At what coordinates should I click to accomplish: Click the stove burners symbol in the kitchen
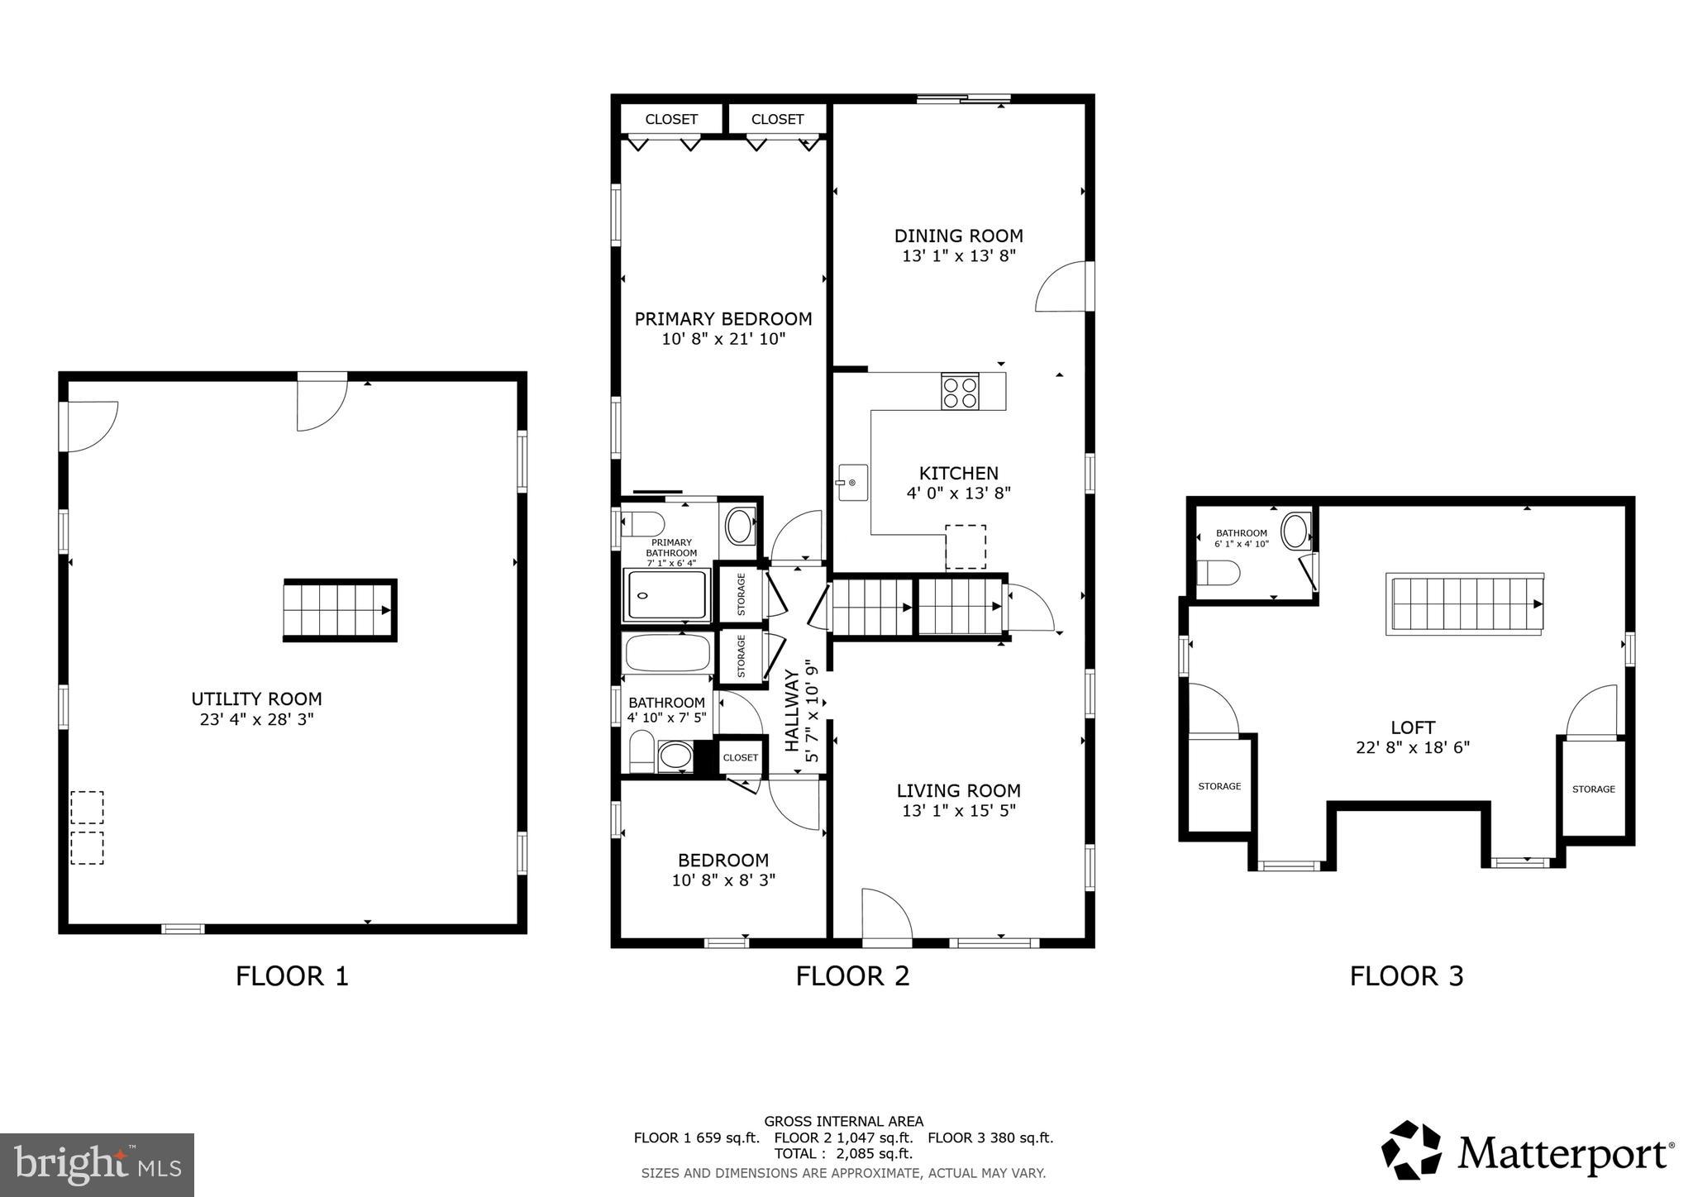pos(960,392)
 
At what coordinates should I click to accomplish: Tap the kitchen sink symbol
pos(851,483)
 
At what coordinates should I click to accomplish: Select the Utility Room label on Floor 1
pos(256,699)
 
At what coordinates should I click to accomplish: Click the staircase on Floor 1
pos(339,610)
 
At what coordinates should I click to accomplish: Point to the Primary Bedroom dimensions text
pos(723,339)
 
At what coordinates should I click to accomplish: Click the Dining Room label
pos(958,236)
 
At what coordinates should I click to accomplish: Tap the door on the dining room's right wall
pos(1062,288)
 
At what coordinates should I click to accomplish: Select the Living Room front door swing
pos(886,914)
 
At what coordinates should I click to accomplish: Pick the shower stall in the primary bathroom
pos(667,595)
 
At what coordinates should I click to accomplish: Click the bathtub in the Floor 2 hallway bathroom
pos(667,653)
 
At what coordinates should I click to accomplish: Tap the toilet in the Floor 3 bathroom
pos(1219,572)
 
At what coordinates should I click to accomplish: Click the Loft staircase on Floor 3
pos(1464,604)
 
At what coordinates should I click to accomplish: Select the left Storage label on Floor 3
pos(1219,786)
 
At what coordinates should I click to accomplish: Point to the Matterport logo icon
pos(1412,1150)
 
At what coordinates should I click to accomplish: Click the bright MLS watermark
pos(97,1166)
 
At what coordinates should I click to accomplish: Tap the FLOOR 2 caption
pos(852,976)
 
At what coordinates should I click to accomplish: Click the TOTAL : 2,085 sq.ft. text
pos(843,1153)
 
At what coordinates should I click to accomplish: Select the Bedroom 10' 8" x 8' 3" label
pos(723,870)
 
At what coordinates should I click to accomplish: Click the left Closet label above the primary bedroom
pos(671,119)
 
